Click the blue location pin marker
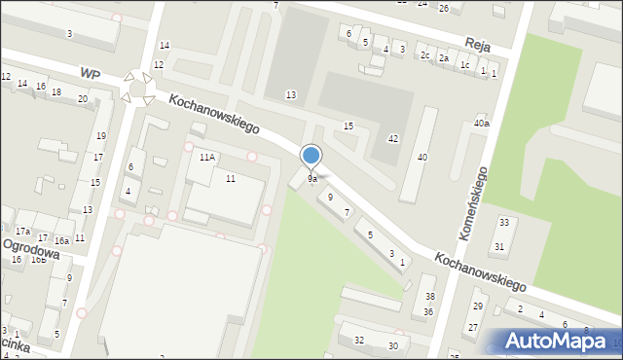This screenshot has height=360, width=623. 311,157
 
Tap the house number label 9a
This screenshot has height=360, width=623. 312,179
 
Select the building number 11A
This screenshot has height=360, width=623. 206,157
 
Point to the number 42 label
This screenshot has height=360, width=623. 393,139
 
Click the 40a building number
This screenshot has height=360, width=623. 481,124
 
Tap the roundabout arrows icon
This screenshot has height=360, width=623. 136,89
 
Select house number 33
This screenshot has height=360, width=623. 503,223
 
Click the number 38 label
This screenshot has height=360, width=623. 429,296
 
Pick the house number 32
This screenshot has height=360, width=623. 359,340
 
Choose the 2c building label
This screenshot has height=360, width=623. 425,55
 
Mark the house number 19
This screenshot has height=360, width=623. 100,136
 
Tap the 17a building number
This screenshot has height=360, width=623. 23,231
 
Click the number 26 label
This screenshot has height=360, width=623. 443,9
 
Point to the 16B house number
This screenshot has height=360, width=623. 38,260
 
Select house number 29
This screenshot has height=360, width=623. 477,306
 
